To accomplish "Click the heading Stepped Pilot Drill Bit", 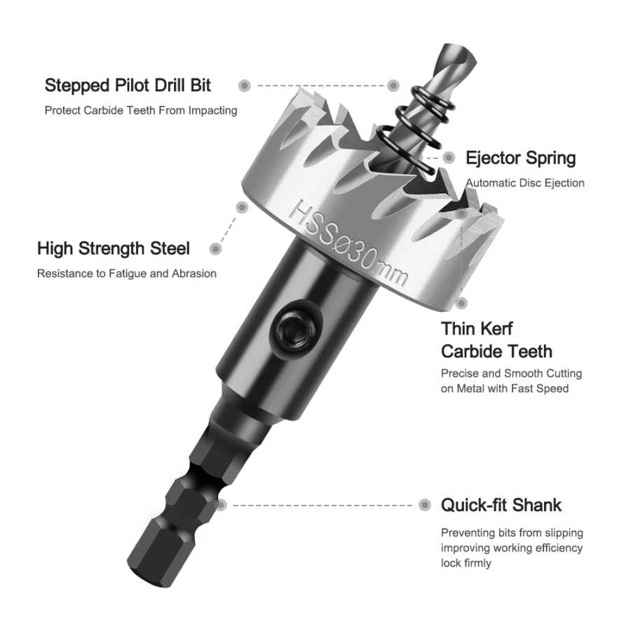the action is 128,86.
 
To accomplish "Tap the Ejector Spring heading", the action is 520,158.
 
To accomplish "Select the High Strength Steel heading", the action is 114,248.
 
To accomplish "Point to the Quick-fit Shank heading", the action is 501,505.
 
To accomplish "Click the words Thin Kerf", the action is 477,329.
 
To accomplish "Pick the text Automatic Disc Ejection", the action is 525,183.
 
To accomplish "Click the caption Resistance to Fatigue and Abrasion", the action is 127,273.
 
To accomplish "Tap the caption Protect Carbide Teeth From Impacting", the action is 141,110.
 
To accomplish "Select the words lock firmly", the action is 466,562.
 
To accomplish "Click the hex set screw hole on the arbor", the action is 296,330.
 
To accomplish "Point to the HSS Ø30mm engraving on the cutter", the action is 348,243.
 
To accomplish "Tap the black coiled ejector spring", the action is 415,129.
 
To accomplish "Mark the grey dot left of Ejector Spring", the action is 449,158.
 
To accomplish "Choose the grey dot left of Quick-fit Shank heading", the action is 425,505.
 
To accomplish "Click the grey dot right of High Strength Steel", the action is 216,249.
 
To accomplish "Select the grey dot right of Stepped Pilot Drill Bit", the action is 245,86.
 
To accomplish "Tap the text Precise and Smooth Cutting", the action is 512,374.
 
